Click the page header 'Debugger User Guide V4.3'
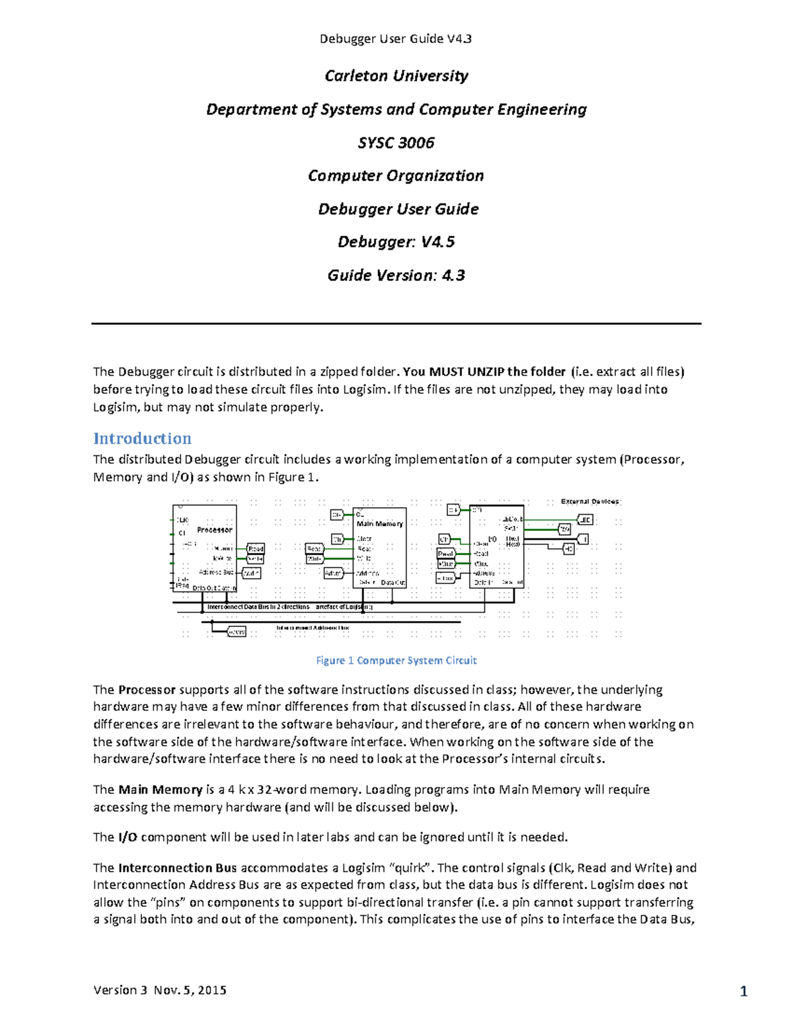click(395, 39)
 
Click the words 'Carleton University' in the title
click(396, 76)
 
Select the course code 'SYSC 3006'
click(396, 143)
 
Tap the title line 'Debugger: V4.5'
click(396, 242)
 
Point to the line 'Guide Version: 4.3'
click(396, 275)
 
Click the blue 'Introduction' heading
click(142, 439)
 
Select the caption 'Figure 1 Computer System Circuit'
click(396, 660)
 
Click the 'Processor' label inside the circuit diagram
click(215, 530)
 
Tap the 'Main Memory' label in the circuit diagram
click(379, 524)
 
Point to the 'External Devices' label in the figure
click(590, 501)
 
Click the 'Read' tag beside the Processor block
click(256, 548)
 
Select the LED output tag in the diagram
click(585, 520)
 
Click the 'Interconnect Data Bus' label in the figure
click(258, 606)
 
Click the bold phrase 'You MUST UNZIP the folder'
click(484, 372)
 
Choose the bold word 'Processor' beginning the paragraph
click(147, 690)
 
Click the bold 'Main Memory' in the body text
click(160, 789)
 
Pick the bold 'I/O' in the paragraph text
click(128, 838)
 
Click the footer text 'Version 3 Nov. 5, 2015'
click(160, 990)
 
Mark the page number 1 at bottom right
click(743, 991)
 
